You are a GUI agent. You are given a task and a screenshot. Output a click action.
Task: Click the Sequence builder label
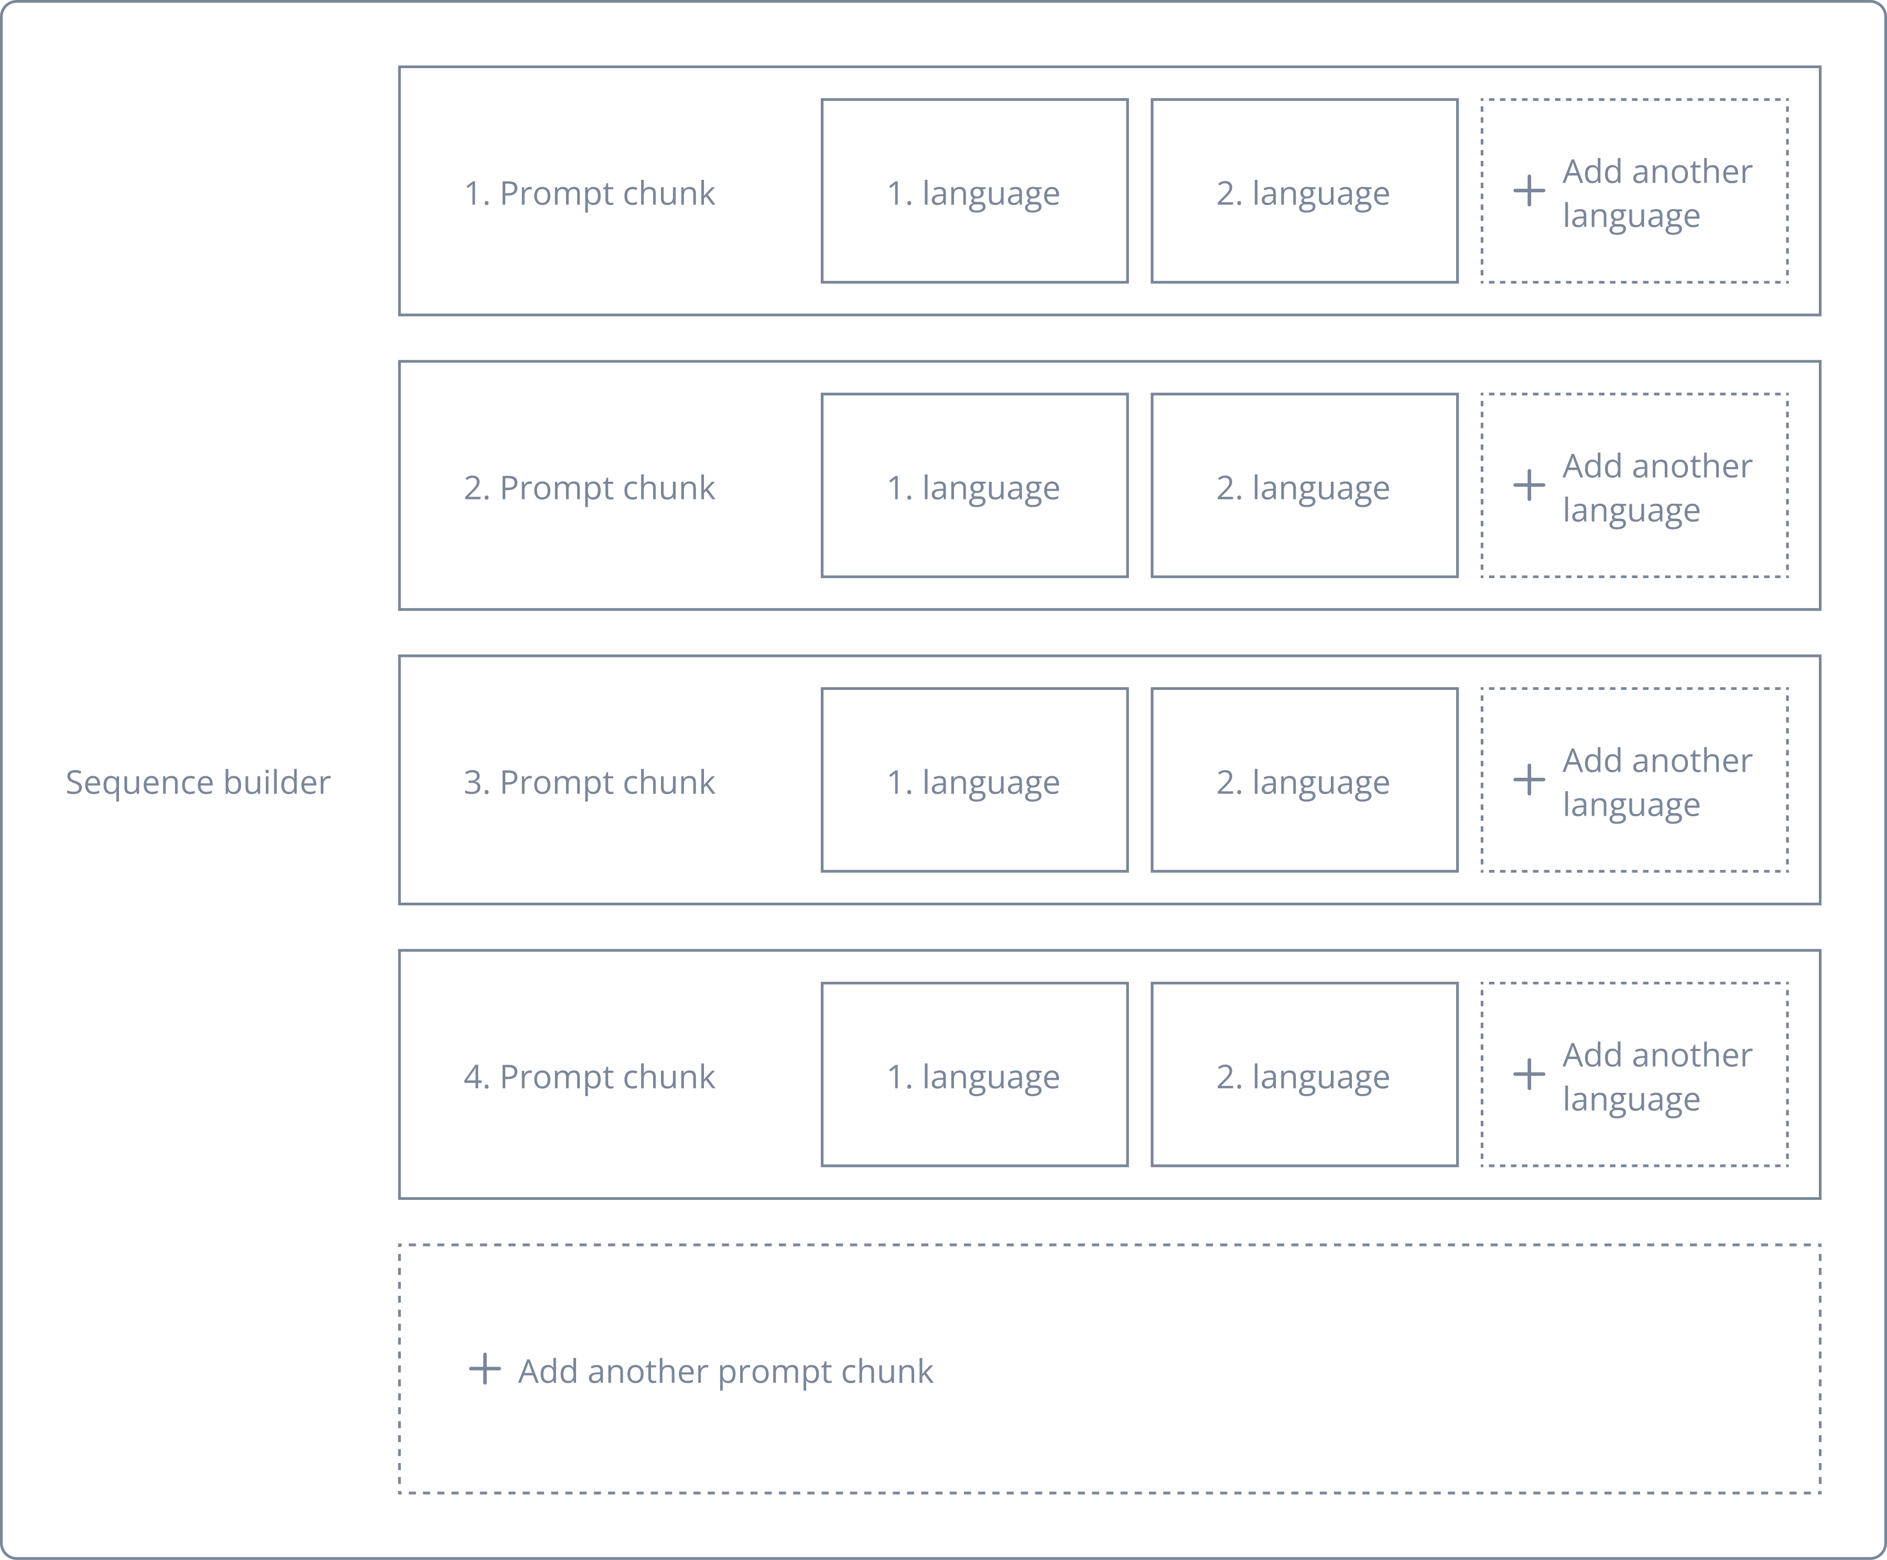coord(198,782)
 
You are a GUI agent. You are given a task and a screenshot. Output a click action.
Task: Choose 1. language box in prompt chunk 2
coord(974,485)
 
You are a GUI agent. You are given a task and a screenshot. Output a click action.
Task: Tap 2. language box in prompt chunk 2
coord(1304,485)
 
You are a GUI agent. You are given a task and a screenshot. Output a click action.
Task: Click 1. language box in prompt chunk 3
coord(974,780)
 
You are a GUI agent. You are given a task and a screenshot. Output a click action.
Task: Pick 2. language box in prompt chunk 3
coord(1304,780)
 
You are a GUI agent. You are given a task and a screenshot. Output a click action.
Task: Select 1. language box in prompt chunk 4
coord(974,1075)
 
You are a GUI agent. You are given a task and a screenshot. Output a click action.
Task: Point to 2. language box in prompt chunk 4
coord(1304,1075)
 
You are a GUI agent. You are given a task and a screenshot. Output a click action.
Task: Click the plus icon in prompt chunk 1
coord(1528,190)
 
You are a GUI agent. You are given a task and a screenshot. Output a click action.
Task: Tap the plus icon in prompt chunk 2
coord(1528,485)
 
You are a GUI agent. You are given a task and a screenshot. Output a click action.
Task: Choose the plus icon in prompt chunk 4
coord(1528,1074)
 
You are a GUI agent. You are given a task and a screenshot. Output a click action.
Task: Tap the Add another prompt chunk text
coord(725,1371)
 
